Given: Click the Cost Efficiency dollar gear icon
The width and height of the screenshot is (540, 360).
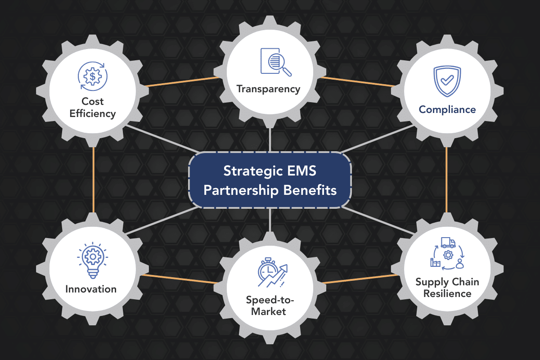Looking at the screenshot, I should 92,77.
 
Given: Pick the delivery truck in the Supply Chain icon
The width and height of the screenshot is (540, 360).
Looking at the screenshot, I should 448,243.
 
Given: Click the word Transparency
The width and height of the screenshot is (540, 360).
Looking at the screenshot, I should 269,89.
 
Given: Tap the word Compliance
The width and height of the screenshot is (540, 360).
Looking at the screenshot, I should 447,109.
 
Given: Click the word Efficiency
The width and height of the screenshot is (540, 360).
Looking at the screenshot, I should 92,113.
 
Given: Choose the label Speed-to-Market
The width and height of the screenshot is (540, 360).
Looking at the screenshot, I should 266,306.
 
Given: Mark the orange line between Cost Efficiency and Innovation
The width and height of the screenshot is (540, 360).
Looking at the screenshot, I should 93,180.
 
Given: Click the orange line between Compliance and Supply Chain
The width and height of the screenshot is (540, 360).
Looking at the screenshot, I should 446,180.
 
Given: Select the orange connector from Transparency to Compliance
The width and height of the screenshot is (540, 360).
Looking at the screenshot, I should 360,81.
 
